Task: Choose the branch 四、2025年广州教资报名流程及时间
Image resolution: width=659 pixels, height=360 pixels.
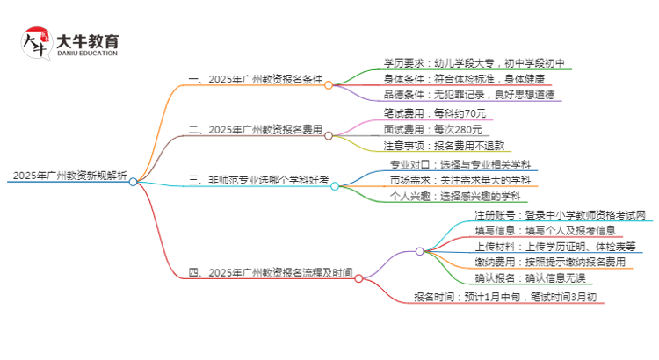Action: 271,272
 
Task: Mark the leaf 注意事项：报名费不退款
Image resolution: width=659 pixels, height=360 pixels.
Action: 443,145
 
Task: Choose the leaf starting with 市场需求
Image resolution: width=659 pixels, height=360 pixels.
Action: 460,180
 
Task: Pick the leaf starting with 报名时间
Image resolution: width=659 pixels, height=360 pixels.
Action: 507,298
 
